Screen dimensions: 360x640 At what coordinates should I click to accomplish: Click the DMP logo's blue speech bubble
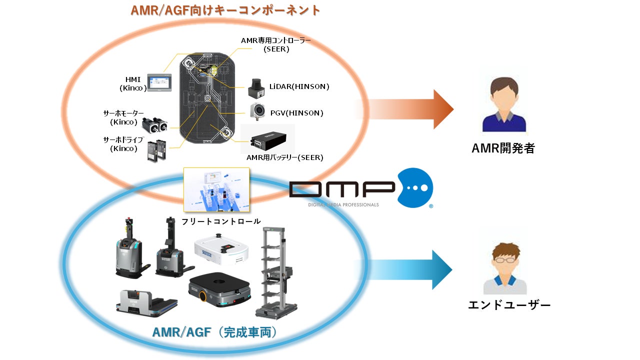tap(414, 187)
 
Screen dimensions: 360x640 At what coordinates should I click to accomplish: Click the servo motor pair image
tap(154, 122)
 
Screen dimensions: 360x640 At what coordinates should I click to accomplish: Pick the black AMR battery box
tap(268, 138)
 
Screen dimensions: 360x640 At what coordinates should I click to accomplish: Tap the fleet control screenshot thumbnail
tap(216, 189)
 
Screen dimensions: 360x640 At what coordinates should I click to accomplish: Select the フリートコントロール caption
tap(220, 221)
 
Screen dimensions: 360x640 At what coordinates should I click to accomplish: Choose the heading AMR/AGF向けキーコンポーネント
tap(225, 10)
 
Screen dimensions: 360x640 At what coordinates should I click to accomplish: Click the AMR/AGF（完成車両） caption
tap(215, 332)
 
